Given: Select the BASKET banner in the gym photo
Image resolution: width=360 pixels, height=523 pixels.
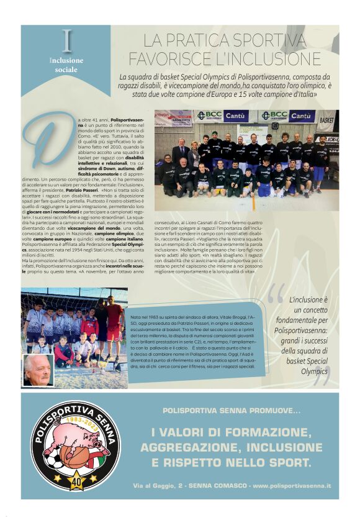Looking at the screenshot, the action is click(x=326, y=117).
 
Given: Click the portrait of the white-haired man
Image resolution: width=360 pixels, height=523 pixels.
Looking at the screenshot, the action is click(x=38, y=369).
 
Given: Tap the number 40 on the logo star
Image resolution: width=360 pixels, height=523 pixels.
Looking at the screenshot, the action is click(x=76, y=480).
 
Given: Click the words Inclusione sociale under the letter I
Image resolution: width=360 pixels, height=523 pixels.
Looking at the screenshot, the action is click(x=66, y=65).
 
